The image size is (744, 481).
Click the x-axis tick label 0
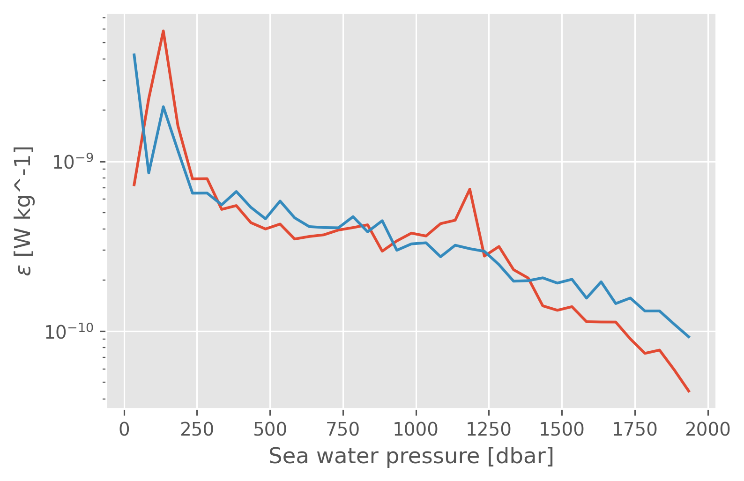point(124,429)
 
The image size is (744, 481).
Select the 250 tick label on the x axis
point(197,429)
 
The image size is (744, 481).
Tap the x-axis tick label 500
point(270,429)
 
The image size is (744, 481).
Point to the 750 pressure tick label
point(343,429)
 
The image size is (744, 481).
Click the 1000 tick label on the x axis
point(416,429)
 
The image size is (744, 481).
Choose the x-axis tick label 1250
point(489,429)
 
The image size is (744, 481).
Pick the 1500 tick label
point(562,429)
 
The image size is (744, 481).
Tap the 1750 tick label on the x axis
point(635,429)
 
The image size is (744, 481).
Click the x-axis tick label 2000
point(707,429)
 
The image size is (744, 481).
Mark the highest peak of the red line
point(163,31)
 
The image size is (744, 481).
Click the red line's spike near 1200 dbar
point(469,189)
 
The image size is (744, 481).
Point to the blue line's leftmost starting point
point(134,54)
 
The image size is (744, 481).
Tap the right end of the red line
point(689,392)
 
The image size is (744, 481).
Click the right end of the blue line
point(689,337)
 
